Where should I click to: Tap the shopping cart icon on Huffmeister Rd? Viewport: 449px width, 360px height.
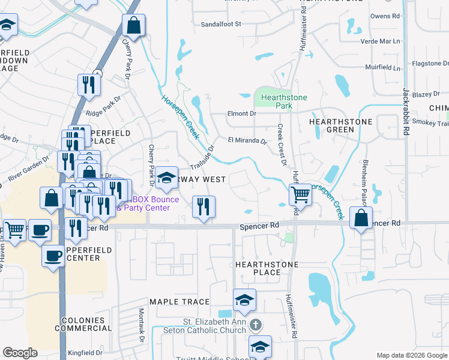300,194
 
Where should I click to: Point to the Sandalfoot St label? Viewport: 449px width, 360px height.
220,24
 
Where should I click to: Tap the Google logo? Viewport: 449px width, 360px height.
19,353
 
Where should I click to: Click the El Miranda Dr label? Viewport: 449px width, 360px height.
247,141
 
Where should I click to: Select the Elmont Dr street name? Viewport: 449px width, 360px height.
241,113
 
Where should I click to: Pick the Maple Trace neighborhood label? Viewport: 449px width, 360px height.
179,302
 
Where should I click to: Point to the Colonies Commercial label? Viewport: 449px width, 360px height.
84,324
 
